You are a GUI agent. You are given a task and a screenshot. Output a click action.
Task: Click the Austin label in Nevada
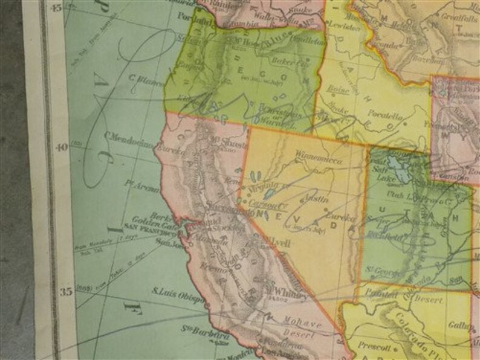pos(302,198)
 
